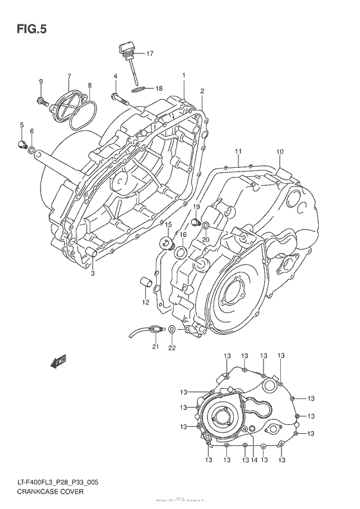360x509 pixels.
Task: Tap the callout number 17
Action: [150, 53]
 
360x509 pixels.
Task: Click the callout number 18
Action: [158, 89]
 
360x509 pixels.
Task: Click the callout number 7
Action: [69, 76]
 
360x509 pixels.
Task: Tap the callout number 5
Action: [21, 125]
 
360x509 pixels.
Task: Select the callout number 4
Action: [116, 76]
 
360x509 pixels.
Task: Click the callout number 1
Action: [184, 75]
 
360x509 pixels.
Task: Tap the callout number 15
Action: [168, 224]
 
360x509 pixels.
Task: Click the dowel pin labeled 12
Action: [146, 281]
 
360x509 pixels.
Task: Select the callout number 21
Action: [155, 348]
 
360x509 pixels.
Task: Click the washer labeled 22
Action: [172, 330]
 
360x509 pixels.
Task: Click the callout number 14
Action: [255, 460]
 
